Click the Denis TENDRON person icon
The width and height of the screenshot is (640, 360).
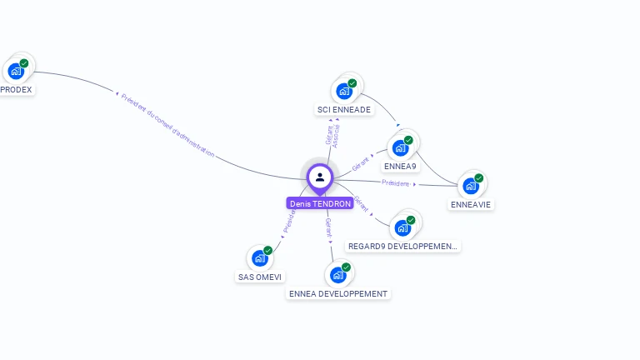(320, 177)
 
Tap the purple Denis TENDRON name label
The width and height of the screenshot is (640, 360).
(320, 203)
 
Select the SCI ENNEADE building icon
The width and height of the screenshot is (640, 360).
(344, 91)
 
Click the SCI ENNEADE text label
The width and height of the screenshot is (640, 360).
(344, 110)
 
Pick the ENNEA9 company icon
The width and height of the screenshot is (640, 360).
(400, 147)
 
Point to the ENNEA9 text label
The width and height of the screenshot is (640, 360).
(400, 167)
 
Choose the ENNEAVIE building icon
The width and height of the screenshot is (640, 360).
(471, 185)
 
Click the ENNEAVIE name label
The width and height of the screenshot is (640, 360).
(471, 204)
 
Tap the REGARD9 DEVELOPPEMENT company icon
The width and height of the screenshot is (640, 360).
(403, 227)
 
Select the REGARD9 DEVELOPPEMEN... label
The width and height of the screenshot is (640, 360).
(403, 247)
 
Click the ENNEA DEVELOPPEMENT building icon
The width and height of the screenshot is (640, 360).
(337, 274)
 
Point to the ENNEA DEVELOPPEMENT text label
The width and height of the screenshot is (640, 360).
(337, 294)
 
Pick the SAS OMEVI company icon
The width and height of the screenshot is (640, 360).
(260, 257)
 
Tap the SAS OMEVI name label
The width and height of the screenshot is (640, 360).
(260, 277)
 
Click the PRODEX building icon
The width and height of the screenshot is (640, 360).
(16, 70)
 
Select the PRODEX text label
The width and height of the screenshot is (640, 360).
(16, 89)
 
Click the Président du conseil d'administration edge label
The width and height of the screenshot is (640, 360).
(167, 125)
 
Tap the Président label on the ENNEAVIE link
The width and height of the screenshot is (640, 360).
(396, 182)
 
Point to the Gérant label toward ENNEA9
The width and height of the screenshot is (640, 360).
(361, 162)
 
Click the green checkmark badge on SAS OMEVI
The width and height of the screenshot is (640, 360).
(268, 250)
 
